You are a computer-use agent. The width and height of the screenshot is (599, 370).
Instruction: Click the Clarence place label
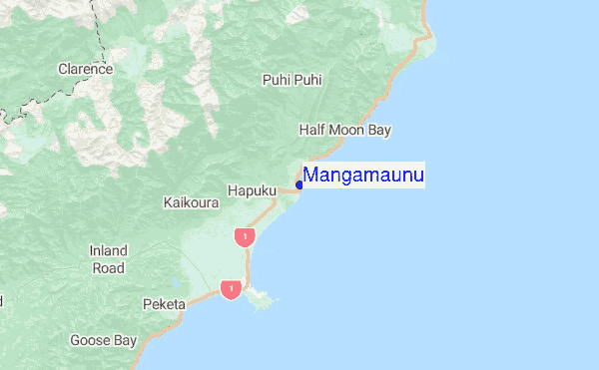click(x=85, y=70)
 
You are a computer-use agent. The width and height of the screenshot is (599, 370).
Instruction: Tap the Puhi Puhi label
click(x=293, y=80)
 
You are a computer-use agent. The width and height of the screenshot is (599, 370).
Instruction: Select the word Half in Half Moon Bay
click(x=313, y=130)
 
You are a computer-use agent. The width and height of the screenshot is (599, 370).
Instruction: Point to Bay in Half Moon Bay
click(x=379, y=130)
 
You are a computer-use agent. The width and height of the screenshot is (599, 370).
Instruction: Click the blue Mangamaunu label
click(x=363, y=177)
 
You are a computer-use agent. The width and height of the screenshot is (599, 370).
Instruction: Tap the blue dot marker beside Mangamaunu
click(x=299, y=185)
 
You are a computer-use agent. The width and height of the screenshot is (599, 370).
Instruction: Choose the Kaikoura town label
click(x=190, y=202)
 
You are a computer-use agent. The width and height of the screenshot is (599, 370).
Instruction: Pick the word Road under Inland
click(x=109, y=267)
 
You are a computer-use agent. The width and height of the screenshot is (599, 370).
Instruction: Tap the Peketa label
click(x=164, y=303)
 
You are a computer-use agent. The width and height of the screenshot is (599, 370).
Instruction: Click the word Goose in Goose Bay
click(x=89, y=340)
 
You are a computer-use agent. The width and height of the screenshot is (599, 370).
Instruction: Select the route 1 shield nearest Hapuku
click(x=245, y=236)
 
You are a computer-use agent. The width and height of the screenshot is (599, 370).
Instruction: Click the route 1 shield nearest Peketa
click(x=231, y=290)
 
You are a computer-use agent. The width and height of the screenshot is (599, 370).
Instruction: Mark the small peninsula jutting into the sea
click(x=262, y=296)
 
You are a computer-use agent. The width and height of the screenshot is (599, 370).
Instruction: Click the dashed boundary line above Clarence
click(x=101, y=30)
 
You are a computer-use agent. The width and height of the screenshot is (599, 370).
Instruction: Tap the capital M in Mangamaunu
click(x=311, y=177)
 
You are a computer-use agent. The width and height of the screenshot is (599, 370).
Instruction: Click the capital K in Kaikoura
click(x=168, y=202)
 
